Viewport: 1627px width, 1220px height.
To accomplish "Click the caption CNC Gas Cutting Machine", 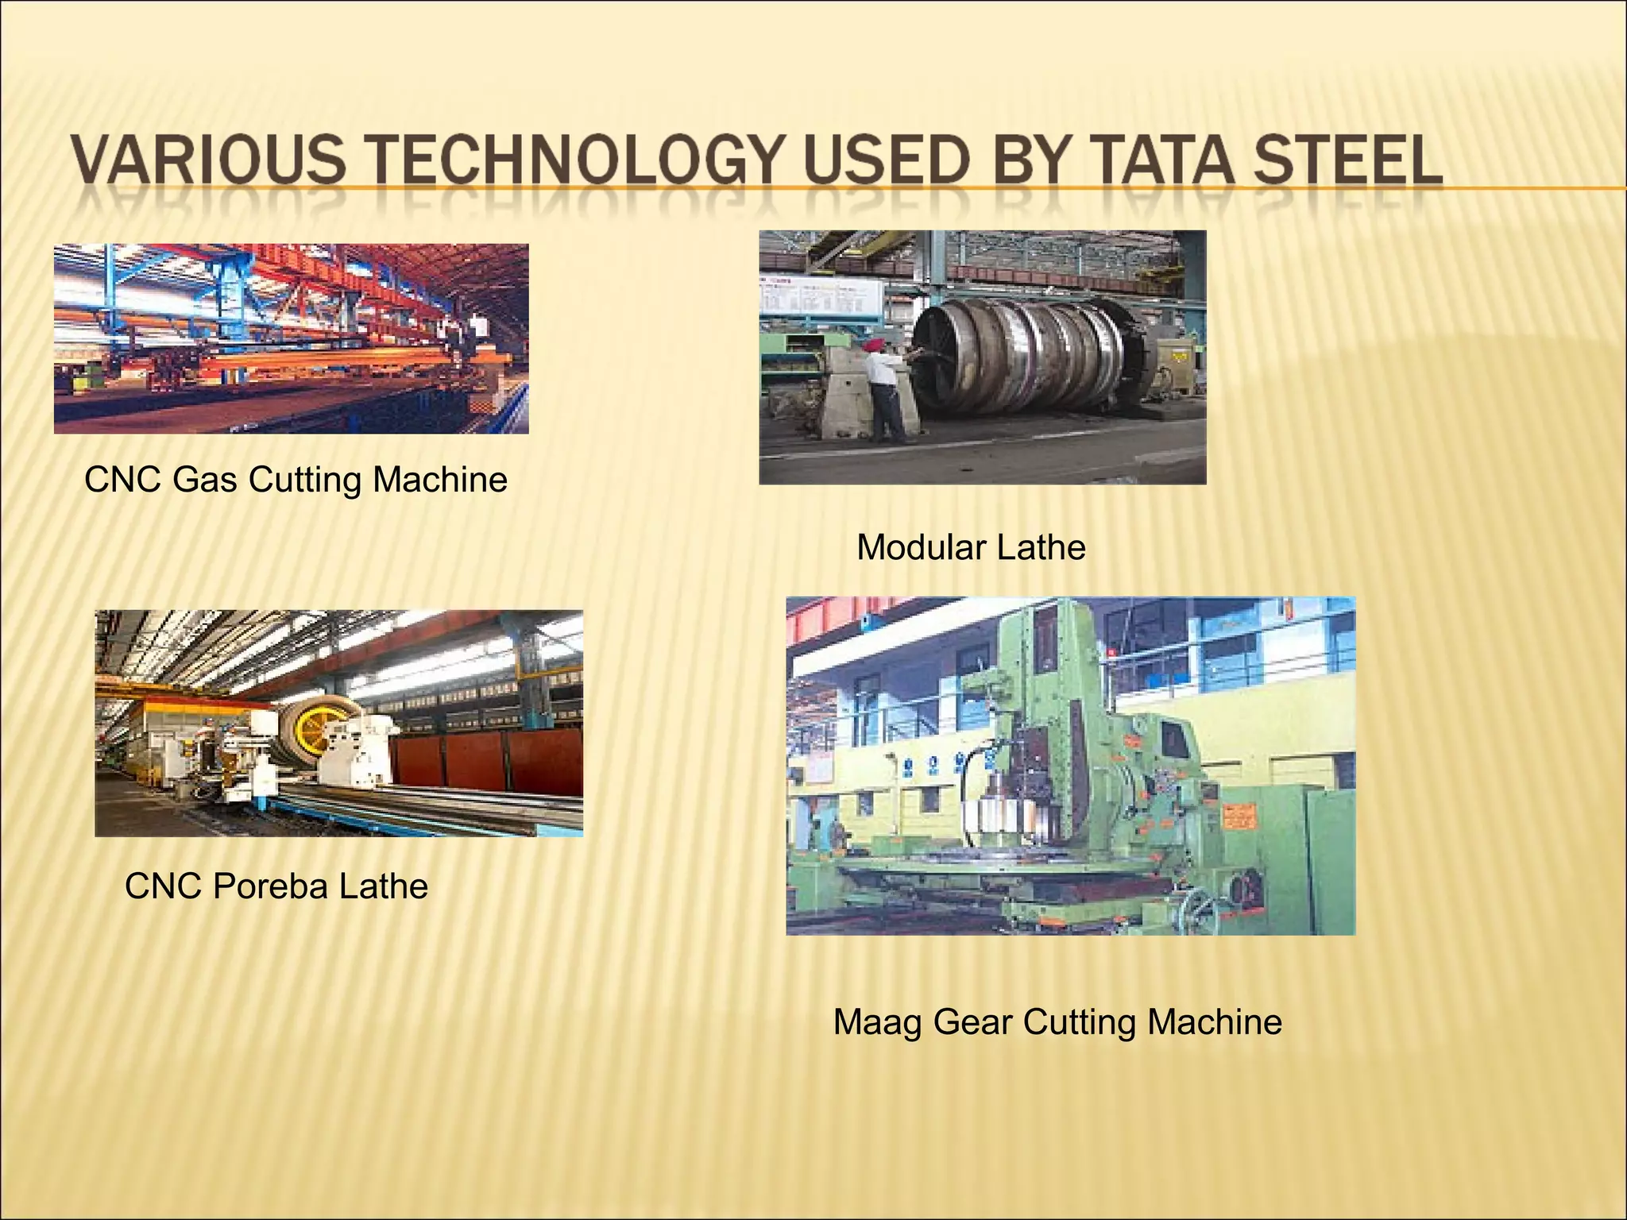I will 296,480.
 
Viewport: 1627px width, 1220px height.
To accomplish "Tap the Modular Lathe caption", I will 970,547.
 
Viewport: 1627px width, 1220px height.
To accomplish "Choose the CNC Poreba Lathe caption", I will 276,886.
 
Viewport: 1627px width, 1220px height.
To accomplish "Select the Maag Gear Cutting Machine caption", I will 1057,1021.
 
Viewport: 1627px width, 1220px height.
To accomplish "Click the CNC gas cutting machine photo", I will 291,338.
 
